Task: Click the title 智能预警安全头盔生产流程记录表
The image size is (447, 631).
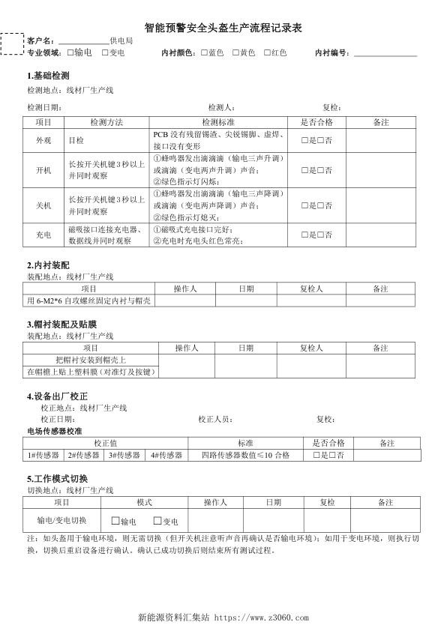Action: [x=223, y=26]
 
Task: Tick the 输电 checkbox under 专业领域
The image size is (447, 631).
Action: [x=70, y=52]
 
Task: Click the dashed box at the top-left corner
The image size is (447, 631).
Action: [x=12, y=44]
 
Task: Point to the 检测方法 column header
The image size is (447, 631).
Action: [x=106, y=121]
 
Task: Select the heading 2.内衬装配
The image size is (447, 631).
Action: [x=48, y=265]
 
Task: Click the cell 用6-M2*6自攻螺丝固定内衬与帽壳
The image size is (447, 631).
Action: [x=89, y=300]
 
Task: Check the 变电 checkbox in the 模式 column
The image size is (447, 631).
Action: [x=158, y=521]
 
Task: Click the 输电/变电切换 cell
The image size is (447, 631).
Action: [x=62, y=520]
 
